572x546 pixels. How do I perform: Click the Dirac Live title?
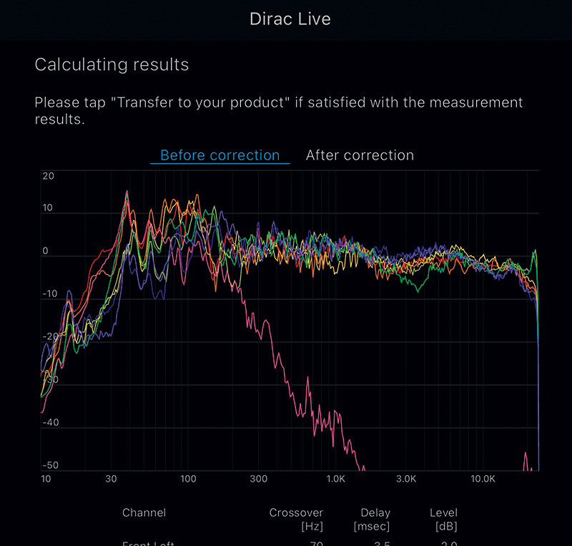290,19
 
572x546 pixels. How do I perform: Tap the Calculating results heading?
112,64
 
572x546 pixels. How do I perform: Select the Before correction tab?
220,155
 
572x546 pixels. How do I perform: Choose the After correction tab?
360,155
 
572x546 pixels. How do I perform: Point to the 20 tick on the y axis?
48,176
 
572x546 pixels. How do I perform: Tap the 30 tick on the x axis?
111,479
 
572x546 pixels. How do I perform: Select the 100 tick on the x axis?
187,479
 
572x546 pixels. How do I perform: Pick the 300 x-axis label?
258,479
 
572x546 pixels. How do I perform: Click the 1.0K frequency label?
335,479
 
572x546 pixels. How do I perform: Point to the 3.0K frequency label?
406,479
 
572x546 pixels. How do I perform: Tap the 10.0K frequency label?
483,479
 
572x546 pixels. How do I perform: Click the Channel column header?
144,512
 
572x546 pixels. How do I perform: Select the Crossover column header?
296,512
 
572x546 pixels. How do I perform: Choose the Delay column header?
375,512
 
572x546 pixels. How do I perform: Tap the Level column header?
443,512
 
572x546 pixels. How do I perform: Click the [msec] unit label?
372,527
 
